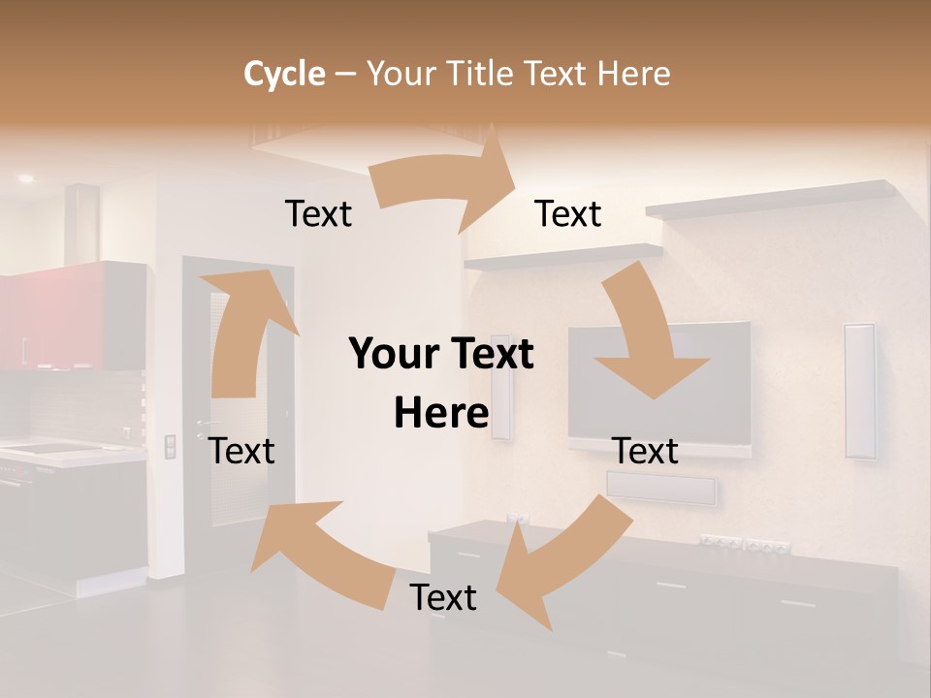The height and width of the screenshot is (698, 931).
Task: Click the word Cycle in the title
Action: [x=284, y=74]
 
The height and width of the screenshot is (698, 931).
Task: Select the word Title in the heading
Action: [x=482, y=74]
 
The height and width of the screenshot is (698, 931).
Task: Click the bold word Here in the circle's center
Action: [x=441, y=413]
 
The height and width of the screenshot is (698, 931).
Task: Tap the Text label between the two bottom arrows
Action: [x=443, y=597]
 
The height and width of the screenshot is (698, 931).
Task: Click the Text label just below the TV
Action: [x=646, y=451]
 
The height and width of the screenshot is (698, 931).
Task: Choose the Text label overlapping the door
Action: [x=242, y=451]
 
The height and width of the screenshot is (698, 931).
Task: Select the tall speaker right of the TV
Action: [x=859, y=391]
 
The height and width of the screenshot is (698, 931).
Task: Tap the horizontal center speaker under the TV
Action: [x=661, y=487]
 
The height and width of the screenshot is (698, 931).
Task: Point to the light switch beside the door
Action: [x=171, y=446]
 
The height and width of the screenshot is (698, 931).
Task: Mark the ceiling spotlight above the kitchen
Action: [x=24, y=179]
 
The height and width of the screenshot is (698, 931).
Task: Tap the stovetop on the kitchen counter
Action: [x=48, y=448]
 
